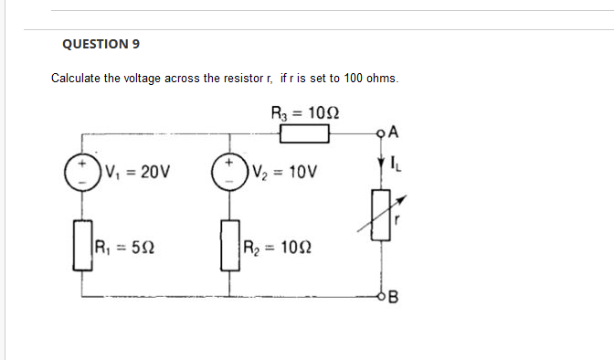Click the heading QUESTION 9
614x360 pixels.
pos(101,43)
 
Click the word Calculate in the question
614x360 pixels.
pos(76,79)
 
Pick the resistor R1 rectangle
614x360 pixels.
pos(83,246)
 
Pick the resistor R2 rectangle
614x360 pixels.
pos(229,246)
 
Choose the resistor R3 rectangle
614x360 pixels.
pos(304,135)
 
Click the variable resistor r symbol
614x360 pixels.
pos(381,217)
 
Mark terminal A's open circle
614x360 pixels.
pos(381,135)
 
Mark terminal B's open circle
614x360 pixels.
pos(381,296)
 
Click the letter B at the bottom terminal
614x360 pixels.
pos(395,296)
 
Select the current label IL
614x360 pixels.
pos(396,165)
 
